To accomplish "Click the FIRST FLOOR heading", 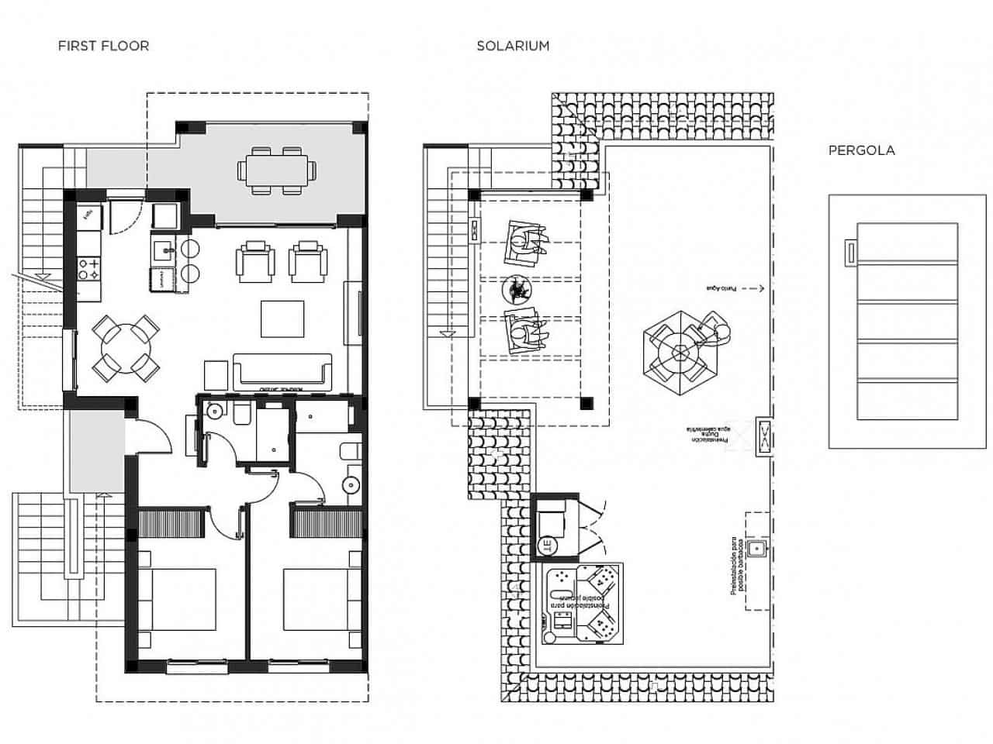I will tap(103, 46).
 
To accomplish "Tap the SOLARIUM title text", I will tap(513, 46).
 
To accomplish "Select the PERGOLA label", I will tap(861, 150).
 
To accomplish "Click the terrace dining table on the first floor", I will tap(278, 170).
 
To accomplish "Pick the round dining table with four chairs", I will tap(126, 346).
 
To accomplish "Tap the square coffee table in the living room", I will tap(282, 318).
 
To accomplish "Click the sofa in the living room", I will tap(282, 371).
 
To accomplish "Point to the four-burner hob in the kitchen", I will tap(89, 269).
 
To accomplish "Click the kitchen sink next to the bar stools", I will tap(164, 250).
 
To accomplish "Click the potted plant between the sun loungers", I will tap(516, 290).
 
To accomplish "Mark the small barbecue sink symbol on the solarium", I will tap(762, 549).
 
